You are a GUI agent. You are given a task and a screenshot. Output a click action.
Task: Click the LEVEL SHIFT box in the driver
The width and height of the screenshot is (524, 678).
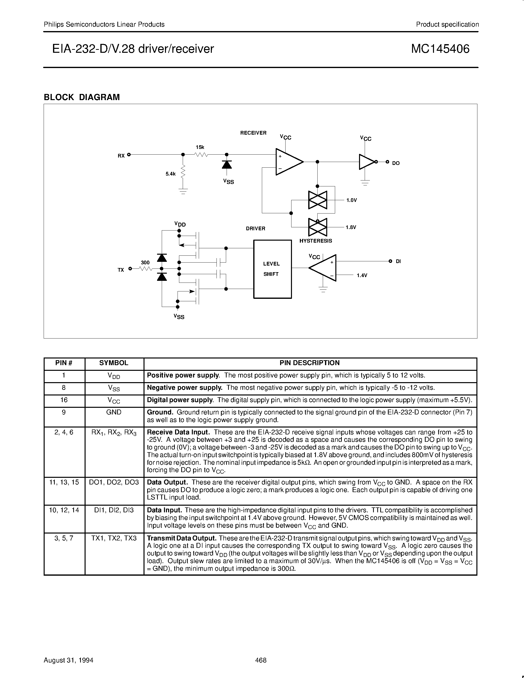tap(272, 269)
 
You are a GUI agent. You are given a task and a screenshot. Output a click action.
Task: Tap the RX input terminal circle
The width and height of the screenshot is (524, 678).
tap(129, 154)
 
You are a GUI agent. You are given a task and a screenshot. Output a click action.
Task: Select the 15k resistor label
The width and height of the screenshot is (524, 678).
tap(200, 147)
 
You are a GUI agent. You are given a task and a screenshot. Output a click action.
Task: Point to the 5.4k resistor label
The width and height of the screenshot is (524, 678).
tap(170, 174)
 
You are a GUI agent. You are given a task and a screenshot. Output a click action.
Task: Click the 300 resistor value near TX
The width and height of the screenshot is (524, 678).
tap(145, 262)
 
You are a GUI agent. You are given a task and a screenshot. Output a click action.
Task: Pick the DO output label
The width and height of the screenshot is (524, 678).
tap(396, 163)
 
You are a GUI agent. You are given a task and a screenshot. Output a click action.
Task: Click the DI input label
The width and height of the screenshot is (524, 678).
tap(398, 261)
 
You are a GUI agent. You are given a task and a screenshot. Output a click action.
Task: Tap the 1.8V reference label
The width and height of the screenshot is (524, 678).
tap(351, 227)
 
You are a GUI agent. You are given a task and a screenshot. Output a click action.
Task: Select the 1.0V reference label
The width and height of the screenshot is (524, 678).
tap(352, 200)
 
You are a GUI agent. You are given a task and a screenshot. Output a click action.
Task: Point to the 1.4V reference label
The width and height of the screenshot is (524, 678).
tap(362, 275)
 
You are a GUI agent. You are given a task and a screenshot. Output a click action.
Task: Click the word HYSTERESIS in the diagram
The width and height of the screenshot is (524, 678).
tap(316, 241)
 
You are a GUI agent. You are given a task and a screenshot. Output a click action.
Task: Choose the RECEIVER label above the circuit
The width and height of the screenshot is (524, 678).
tap(253, 133)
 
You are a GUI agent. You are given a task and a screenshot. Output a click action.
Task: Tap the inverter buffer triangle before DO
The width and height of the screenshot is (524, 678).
tap(366, 162)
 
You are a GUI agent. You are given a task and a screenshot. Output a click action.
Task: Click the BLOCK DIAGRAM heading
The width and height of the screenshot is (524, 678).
tap(82, 97)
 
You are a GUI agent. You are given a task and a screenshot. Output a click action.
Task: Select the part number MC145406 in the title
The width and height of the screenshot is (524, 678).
tap(440, 49)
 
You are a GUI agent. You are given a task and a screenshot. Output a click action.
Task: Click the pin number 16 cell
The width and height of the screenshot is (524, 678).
tap(64, 400)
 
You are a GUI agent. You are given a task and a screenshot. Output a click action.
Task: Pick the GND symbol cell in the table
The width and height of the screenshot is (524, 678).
tap(114, 412)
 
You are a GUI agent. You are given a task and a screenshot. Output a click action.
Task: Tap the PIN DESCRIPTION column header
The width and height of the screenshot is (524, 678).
tap(309, 363)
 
